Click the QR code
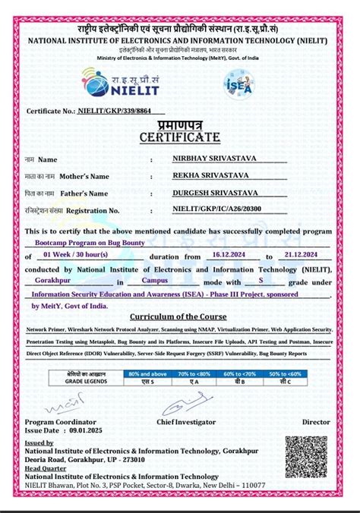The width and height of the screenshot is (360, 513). [x=305, y=456]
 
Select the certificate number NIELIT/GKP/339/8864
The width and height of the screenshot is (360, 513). [x=115, y=111]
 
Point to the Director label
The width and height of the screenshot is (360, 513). [x=317, y=420]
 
